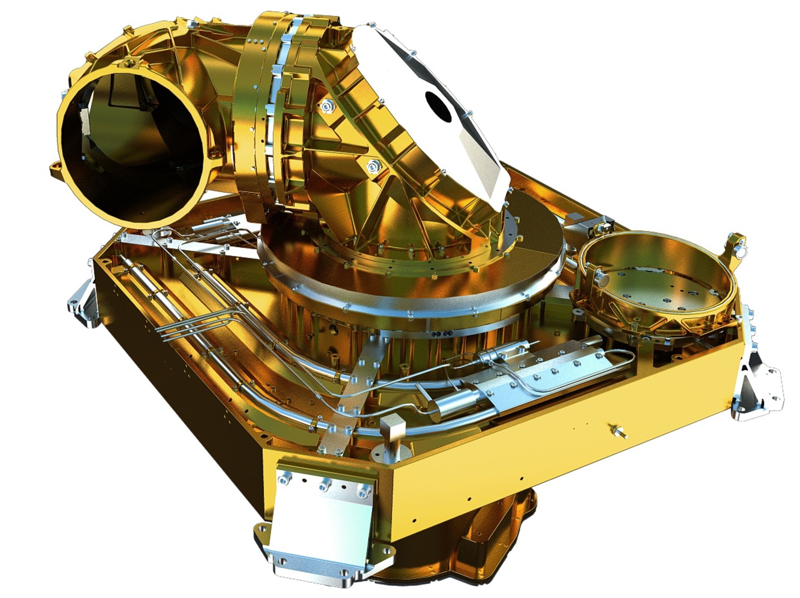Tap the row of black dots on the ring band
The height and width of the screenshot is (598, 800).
[442, 334]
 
